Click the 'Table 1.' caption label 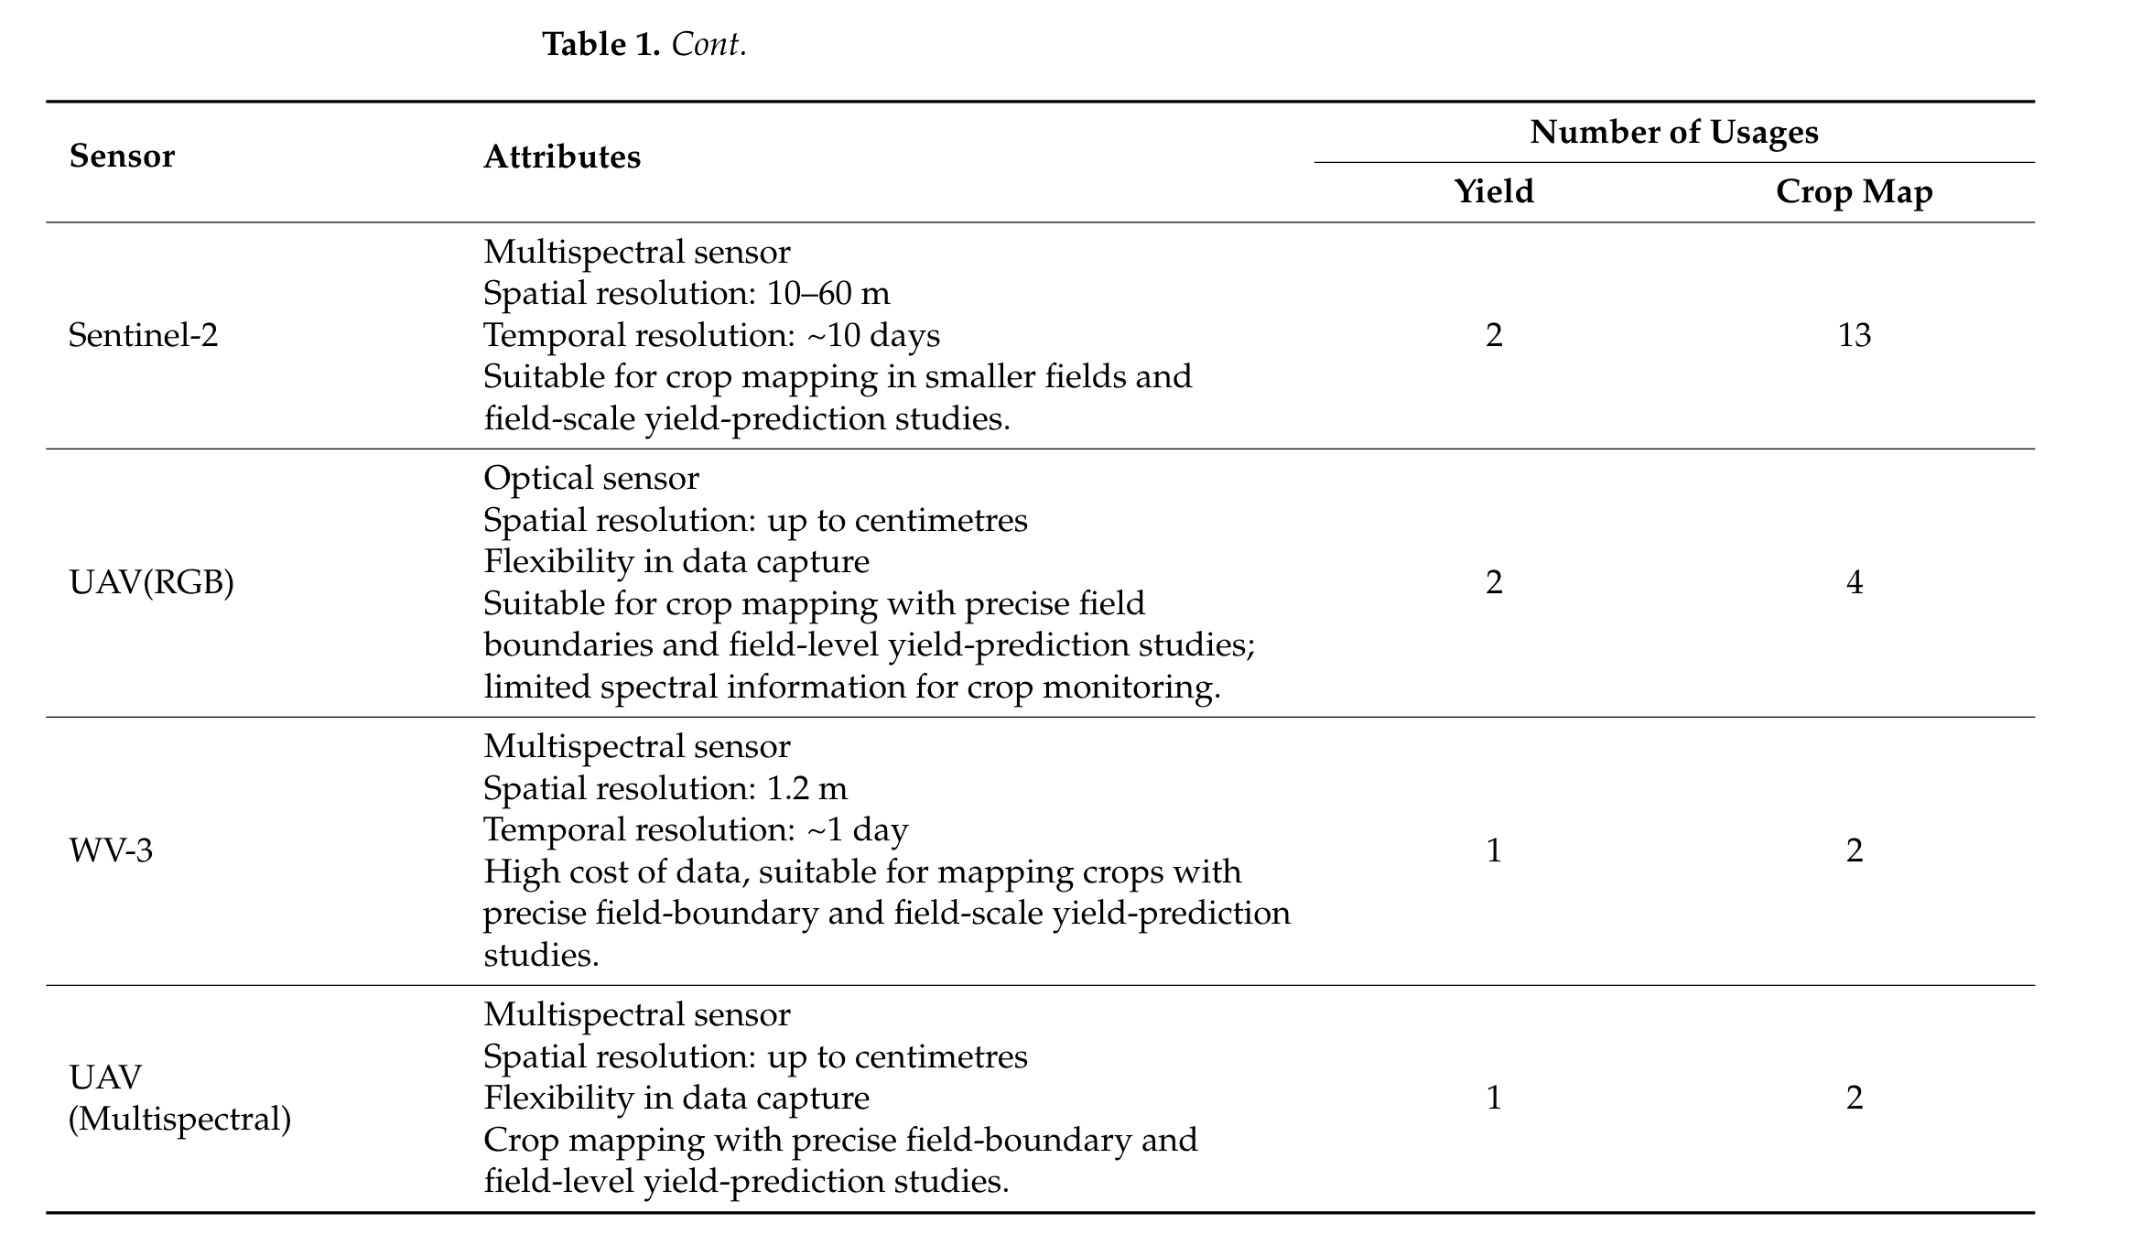pos(600,44)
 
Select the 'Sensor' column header pos(122,157)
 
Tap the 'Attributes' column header pos(561,157)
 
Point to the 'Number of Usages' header pos(1673,133)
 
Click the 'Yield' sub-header pos(1493,191)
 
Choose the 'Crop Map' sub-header pos(1854,192)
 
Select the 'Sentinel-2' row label pos(144,336)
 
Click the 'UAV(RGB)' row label pos(151,582)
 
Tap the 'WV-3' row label pos(111,850)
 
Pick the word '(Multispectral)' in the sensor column pos(179,1119)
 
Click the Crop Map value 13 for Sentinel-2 pos(1854,336)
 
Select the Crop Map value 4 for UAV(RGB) pos(1854,582)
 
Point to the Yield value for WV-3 pos(1493,850)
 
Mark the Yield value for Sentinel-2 pos(1493,336)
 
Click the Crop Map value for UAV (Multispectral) pos(1854,1098)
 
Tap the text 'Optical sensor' pos(590,478)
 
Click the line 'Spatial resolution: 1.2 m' pos(665,788)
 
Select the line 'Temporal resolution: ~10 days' pos(711,336)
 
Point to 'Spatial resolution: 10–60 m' pos(686,294)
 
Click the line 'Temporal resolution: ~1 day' pos(695,830)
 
